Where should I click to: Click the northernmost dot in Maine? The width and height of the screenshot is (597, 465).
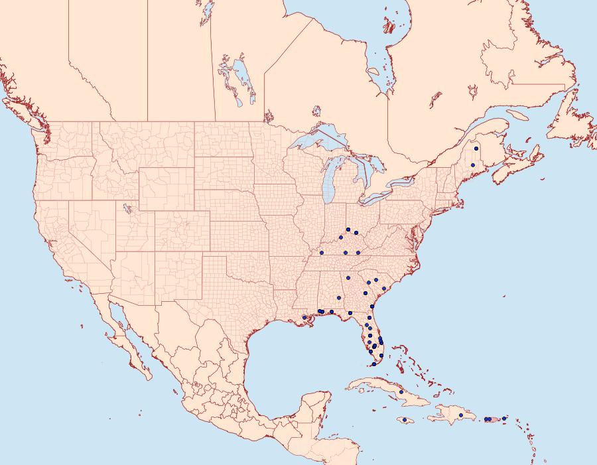coord(476,149)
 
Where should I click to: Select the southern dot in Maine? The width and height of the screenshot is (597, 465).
coord(473,165)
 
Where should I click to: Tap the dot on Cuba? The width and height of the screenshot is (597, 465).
coord(401,392)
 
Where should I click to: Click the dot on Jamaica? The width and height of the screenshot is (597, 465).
coord(404,420)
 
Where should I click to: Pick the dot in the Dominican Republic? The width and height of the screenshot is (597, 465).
coord(461,415)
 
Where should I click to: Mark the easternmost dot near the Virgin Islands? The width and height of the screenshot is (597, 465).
coord(504,419)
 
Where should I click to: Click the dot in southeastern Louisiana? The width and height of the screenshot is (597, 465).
coord(304,318)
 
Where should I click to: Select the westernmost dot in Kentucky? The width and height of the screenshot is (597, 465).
coord(322,253)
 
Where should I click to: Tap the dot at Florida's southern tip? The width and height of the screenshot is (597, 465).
coord(375,364)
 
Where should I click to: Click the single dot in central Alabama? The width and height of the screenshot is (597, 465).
coord(348,278)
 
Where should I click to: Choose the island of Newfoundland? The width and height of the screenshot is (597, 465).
coord(572,123)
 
